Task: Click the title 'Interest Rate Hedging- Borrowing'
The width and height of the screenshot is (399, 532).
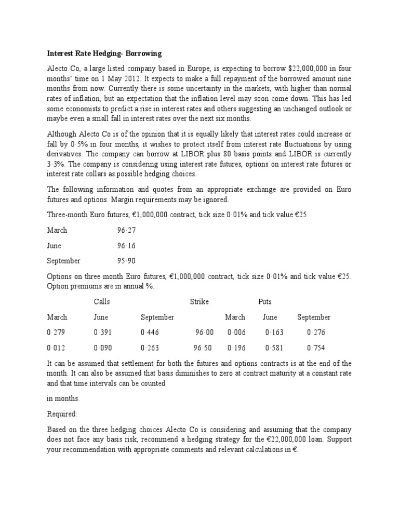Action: pyautogui.click(x=104, y=53)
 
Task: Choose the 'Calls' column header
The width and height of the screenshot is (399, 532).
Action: pyautogui.click(x=102, y=302)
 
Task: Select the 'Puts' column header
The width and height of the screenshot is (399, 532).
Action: pyautogui.click(x=265, y=302)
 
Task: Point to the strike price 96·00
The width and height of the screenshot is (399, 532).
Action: pyautogui.click(x=204, y=332)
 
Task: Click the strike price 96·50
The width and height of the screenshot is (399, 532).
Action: pyautogui.click(x=203, y=348)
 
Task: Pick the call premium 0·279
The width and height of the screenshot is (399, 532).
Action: pyautogui.click(x=56, y=332)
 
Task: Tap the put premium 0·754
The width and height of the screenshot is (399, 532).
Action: pyautogui.click(x=316, y=348)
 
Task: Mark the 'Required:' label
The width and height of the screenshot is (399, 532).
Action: pyautogui.click(x=62, y=415)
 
